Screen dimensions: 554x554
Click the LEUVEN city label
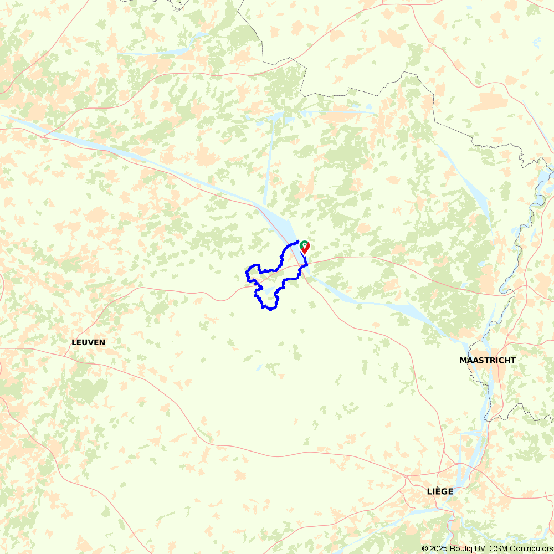[x=88, y=342]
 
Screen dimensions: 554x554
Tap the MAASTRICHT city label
[x=488, y=360]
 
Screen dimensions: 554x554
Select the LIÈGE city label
[x=440, y=491]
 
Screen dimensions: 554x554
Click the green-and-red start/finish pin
[x=304, y=247]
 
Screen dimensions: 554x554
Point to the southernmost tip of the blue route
[x=270, y=309]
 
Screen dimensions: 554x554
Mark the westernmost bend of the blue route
[x=246, y=274]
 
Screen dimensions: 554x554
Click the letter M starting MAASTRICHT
[x=463, y=360]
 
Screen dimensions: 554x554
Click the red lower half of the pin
[x=304, y=250]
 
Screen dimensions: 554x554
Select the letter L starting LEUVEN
[x=74, y=342]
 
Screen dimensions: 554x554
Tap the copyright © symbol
[x=425, y=548]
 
